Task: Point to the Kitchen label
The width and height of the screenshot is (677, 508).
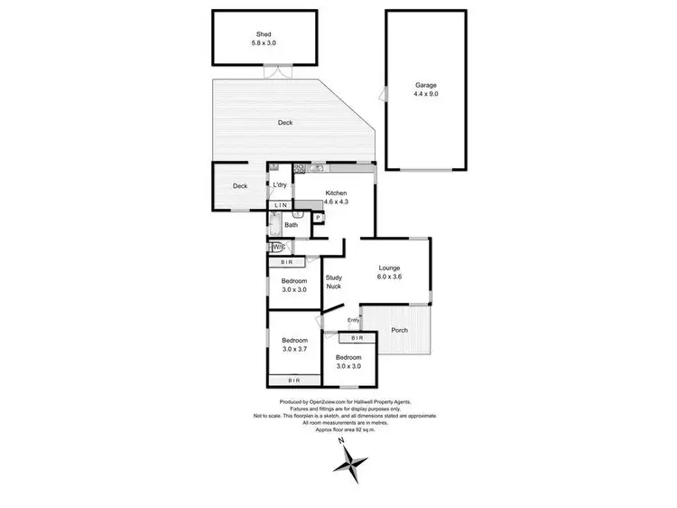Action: (336, 193)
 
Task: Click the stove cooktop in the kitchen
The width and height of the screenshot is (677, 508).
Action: (299, 169)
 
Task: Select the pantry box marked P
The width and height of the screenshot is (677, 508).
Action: (318, 218)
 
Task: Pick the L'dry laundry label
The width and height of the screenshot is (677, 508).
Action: (280, 185)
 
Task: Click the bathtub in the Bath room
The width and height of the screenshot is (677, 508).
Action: (275, 226)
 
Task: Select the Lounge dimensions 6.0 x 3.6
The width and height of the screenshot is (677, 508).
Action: (389, 278)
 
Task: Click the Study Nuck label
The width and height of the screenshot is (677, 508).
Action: (334, 281)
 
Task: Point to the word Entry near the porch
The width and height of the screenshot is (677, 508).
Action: (353, 320)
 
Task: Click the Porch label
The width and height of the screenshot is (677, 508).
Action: (399, 330)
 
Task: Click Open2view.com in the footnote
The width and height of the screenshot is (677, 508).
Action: (327, 402)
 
